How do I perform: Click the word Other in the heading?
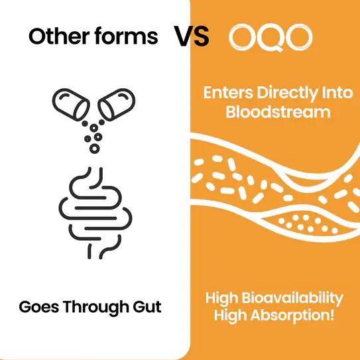point(59,36)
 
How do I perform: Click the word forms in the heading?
point(126,36)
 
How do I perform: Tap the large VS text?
point(191,36)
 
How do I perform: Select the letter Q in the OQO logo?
point(271,37)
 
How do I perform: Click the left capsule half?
point(71,105)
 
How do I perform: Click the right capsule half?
point(117,105)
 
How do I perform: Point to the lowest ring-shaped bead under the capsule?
point(94,149)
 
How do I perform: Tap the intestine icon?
point(95,213)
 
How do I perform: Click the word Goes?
point(39,307)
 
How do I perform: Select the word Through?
point(95,307)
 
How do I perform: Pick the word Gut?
point(147,307)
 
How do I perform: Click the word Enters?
point(228,93)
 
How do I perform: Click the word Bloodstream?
point(278,112)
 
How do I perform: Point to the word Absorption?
point(292,316)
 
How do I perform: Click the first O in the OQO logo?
point(243,37)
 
